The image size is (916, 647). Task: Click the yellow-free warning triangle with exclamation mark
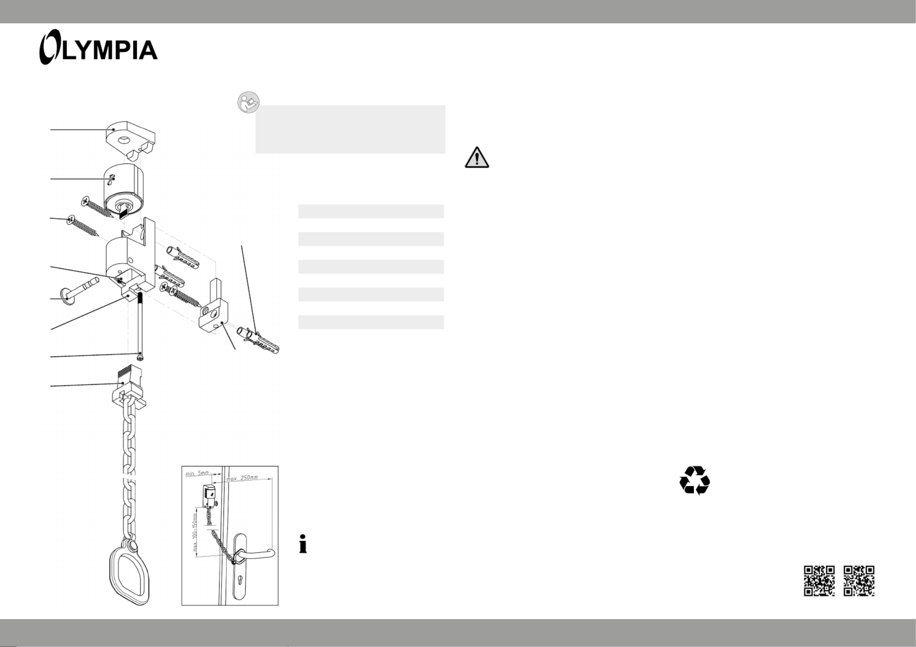coord(477,157)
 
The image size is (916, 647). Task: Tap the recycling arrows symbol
coord(694,480)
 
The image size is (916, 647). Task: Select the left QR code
coord(819,581)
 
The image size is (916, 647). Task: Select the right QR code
coord(859,581)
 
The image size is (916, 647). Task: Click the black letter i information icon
coord(303,543)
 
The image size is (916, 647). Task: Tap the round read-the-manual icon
coord(248,102)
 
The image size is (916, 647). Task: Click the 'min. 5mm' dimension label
coord(197,473)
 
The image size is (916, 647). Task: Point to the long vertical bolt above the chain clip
coord(140,326)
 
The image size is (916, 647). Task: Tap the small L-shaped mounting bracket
coord(212,307)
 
